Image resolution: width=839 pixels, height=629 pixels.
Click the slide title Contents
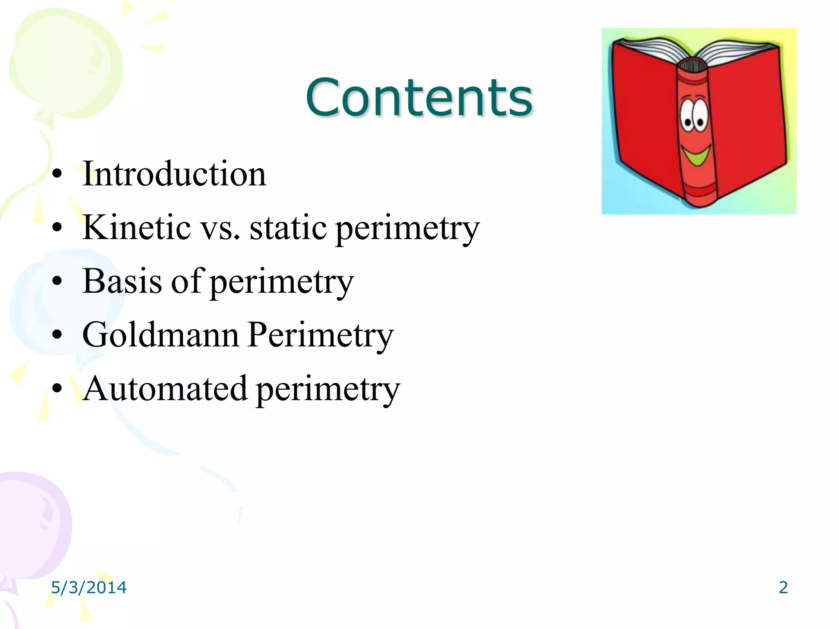pos(419,97)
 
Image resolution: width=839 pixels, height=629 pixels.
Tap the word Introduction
pos(174,174)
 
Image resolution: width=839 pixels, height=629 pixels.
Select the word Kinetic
pos(136,227)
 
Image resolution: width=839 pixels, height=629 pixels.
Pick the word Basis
pos(122,281)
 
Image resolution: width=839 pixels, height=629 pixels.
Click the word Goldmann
pos(160,335)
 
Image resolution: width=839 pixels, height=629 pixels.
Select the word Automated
pos(165,389)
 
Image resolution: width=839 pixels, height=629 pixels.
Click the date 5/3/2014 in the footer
pos(88,588)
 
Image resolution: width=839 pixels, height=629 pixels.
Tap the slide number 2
pos(783,588)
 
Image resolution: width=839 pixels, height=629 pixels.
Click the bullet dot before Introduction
pos(57,174)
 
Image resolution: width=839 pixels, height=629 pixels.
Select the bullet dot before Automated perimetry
pos(57,389)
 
